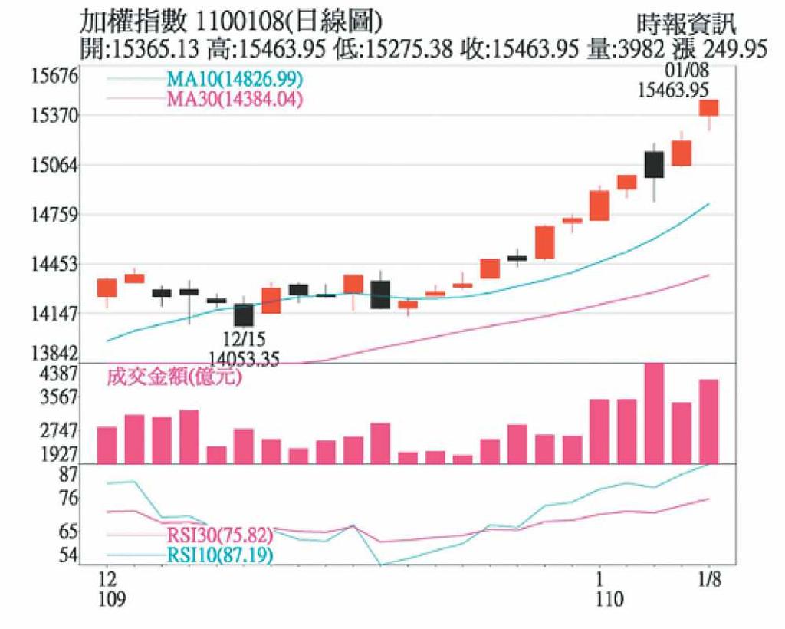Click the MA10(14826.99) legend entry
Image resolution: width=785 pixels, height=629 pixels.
tap(234, 80)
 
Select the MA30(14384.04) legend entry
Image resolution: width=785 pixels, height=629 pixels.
tap(234, 99)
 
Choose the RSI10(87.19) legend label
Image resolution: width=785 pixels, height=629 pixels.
tap(218, 555)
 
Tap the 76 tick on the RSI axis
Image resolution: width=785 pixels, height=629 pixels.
tap(69, 499)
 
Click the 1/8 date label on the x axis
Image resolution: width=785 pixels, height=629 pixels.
tap(709, 577)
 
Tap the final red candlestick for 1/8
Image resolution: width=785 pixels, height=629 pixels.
tap(708, 107)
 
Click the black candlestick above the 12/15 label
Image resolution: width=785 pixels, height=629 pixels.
tap(244, 314)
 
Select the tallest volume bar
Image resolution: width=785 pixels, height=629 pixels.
tap(654, 413)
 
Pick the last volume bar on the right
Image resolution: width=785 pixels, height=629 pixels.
tap(708, 421)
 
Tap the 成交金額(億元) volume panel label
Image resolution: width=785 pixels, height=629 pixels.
tap(173, 377)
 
